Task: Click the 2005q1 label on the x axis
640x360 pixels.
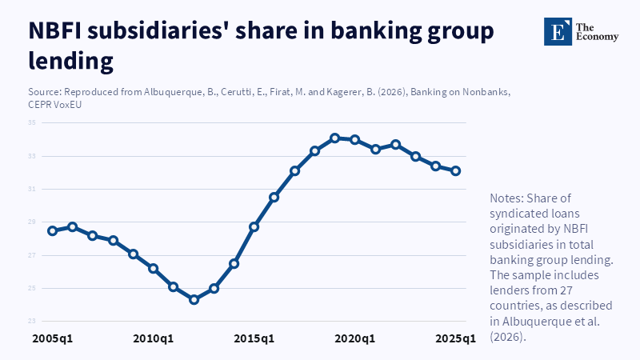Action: [x=53, y=338]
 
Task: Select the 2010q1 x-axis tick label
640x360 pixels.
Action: [x=154, y=338]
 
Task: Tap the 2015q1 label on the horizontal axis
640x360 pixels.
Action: [x=254, y=338]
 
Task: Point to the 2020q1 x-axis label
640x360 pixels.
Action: [x=355, y=338]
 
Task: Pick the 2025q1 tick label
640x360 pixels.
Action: [x=455, y=338]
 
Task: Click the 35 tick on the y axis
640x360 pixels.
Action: [x=33, y=122]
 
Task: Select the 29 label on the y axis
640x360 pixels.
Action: [x=33, y=222]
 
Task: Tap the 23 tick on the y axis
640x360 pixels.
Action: [x=33, y=321]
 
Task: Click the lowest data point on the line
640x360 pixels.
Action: [x=194, y=299]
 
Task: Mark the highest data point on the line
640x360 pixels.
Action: [x=335, y=138]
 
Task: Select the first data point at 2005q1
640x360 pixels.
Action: [x=53, y=230]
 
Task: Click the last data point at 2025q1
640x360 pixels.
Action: [x=455, y=170]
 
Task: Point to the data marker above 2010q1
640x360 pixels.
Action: [x=154, y=268]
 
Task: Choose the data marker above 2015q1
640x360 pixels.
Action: [x=254, y=226]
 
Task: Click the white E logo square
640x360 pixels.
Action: [x=557, y=30]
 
